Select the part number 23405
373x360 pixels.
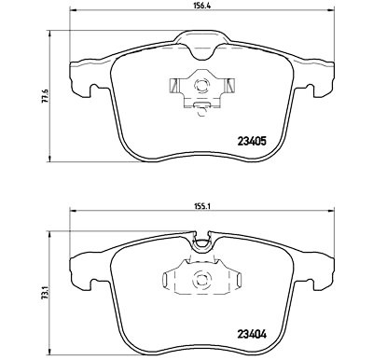[x=252, y=142]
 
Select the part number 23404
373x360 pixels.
[x=252, y=335]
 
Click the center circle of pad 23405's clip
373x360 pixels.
[x=200, y=85]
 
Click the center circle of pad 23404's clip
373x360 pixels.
[x=200, y=278]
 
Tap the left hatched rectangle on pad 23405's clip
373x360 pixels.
[x=173, y=85]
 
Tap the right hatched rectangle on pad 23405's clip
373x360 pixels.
[x=230, y=85]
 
